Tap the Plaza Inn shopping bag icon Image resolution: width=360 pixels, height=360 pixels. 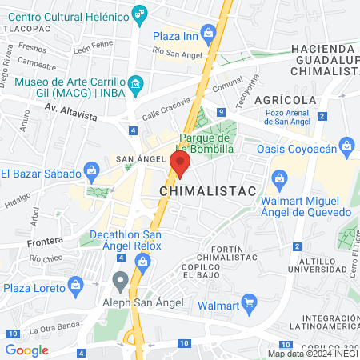point(208,33)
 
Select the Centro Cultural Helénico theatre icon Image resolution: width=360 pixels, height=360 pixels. point(141,11)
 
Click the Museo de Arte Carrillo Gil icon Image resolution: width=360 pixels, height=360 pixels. point(135,83)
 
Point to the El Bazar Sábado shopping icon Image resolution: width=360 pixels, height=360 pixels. point(92,170)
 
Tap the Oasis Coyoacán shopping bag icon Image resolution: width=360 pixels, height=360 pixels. point(346,146)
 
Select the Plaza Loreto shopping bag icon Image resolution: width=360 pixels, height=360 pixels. point(76,285)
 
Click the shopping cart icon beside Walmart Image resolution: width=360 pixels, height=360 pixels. point(249,303)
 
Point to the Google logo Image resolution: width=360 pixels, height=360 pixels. point(26,350)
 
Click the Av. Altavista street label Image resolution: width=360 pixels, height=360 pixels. point(70,111)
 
